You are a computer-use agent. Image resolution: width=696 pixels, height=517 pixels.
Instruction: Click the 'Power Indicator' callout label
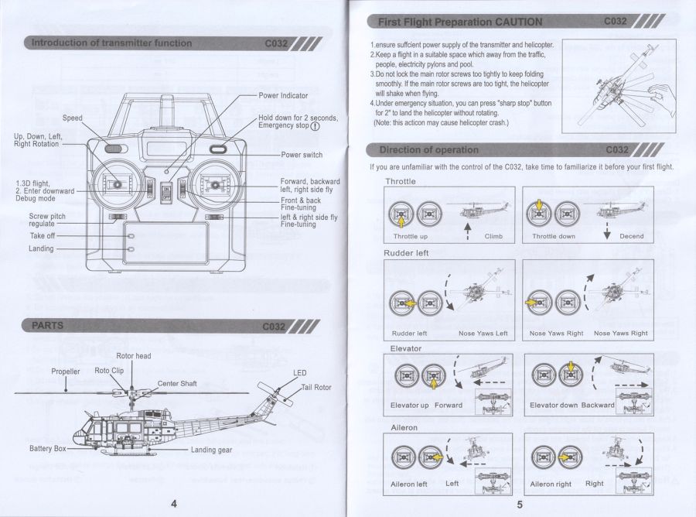283,96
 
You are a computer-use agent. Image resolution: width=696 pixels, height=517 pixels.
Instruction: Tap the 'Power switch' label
302,155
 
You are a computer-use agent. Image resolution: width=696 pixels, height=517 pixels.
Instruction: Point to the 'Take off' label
43,235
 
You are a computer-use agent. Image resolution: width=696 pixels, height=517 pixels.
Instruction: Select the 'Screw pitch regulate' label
47,220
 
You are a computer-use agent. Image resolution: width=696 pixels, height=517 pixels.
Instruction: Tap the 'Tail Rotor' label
316,387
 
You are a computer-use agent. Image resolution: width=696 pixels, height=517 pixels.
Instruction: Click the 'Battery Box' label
48,448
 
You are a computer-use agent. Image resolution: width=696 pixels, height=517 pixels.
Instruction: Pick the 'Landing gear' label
211,450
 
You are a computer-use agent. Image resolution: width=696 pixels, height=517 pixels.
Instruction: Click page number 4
173,504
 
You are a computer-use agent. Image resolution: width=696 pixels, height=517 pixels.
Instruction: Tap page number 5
520,504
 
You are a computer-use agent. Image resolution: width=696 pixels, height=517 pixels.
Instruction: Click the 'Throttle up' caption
410,236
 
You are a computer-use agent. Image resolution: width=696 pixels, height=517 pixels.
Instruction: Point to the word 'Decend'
631,236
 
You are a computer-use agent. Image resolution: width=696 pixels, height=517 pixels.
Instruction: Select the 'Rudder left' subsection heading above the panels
406,253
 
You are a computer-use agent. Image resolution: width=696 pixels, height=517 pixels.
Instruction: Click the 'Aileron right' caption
551,484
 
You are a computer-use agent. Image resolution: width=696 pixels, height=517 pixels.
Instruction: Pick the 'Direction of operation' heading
428,149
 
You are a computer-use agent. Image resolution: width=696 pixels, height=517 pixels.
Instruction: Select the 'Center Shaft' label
177,383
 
